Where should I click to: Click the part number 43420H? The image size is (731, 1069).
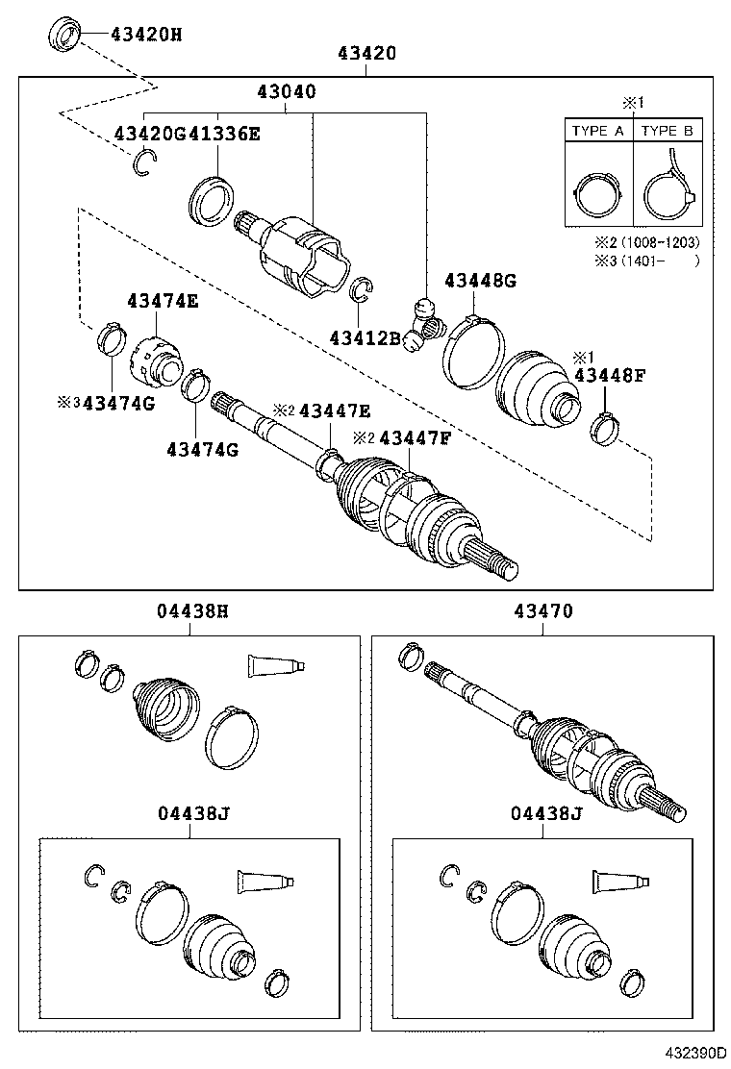click(x=146, y=36)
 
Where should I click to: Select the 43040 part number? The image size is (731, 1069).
click(x=287, y=92)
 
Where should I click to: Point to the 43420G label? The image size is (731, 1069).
click(x=150, y=133)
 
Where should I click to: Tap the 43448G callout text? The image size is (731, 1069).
click(x=480, y=281)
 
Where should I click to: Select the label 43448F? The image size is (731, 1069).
click(x=609, y=375)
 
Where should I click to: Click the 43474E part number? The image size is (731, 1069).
click(x=163, y=301)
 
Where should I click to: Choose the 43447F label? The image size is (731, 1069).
click(x=415, y=437)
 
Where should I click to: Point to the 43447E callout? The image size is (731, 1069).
click(x=334, y=410)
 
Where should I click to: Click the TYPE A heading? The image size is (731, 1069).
click(x=597, y=131)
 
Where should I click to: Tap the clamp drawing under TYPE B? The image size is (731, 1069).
click(x=667, y=192)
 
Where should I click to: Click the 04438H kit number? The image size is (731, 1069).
click(x=192, y=610)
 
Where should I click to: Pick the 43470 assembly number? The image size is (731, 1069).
click(x=543, y=610)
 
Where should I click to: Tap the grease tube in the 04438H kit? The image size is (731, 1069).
click(x=275, y=664)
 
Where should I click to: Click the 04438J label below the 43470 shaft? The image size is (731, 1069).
click(x=546, y=814)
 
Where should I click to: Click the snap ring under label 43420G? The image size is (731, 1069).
click(x=143, y=164)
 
